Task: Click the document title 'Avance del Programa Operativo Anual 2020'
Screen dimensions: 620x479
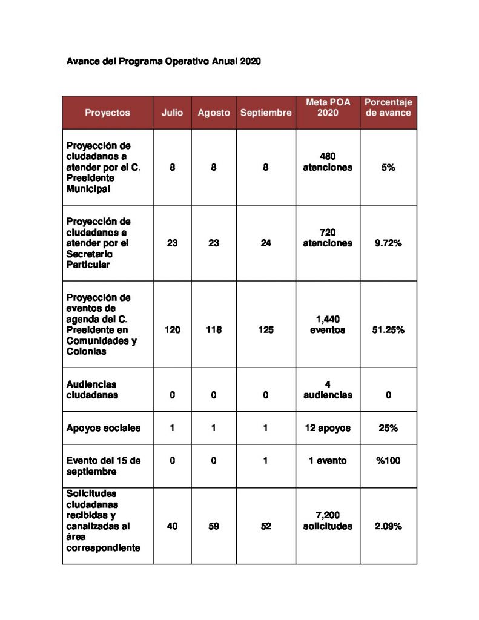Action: pos(164,62)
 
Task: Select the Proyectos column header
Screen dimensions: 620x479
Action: pos(107,113)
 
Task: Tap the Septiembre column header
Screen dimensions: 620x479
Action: pos(265,113)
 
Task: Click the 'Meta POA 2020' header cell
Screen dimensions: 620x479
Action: pos(328,108)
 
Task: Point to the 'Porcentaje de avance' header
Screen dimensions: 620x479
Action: pos(388,108)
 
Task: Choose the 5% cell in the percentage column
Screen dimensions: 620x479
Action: pos(388,167)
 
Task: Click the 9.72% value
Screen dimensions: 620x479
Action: pos(388,243)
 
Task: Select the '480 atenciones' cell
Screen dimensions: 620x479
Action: pos(328,162)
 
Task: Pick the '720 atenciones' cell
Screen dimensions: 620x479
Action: pos(328,238)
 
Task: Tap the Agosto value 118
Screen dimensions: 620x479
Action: pos(214,330)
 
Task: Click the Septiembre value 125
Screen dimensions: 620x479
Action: pos(265,330)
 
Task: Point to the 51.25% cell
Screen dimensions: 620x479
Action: pos(388,330)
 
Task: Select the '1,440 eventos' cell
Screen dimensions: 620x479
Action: pos(328,325)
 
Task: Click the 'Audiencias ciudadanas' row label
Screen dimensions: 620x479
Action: pos(92,389)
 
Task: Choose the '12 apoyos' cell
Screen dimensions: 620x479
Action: pos(328,428)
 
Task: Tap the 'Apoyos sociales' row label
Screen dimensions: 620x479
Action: pos(104,428)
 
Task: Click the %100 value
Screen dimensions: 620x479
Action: pos(388,461)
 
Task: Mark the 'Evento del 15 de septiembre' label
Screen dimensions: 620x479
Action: pos(104,466)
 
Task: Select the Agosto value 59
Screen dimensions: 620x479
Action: pos(214,526)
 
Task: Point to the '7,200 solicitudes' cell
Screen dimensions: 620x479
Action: pos(328,521)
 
